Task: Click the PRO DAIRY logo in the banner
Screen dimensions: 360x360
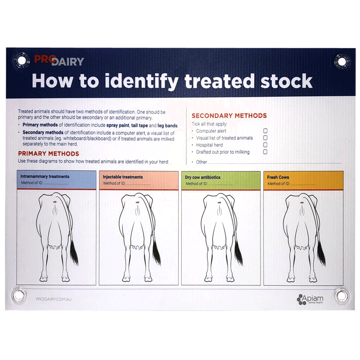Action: point(58,60)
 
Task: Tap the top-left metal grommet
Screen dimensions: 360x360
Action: point(20,59)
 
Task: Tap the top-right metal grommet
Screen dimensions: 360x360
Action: point(342,60)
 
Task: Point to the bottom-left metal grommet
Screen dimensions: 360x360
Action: point(19,295)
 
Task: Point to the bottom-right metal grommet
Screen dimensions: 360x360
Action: point(342,296)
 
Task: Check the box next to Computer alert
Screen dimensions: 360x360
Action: point(265,131)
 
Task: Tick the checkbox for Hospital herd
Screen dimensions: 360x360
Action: point(265,145)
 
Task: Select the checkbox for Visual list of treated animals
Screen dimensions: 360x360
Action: point(265,138)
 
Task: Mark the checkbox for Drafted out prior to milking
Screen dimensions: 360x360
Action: point(265,152)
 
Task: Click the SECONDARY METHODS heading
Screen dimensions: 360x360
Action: point(229,116)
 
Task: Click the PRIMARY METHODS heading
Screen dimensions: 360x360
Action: point(48,154)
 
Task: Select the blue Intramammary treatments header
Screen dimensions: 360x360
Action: point(57,180)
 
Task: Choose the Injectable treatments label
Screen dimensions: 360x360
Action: point(123,177)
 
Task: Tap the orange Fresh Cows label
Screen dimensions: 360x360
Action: point(278,177)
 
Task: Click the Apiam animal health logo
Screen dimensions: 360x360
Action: point(313,298)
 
